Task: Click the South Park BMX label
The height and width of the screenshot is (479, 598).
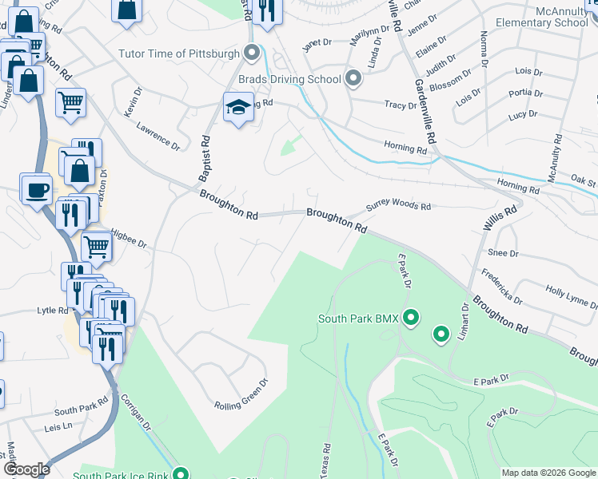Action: pyautogui.click(x=358, y=319)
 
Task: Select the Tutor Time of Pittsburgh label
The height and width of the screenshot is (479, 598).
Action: pyautogui.click(x=179, y=53)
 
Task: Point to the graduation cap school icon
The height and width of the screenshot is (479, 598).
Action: pyautogui.click(x=237, y=109)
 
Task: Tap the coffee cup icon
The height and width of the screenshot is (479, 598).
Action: pyautogui.click(x=36, y=189)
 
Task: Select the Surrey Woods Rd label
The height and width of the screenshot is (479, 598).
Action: pyautogui.click(x=398, y=206)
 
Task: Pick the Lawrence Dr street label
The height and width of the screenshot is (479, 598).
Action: pyautogui.click(x=157, y=136)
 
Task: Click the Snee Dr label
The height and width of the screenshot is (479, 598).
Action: pyautogui.click(x=503, y=253)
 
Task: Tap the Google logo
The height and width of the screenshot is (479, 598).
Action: pyautogui.click(x=26, y=469)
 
